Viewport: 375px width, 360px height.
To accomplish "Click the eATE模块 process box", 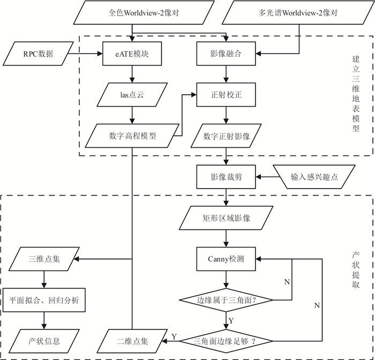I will (132, 54).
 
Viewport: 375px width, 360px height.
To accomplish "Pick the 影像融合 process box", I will (227, 54).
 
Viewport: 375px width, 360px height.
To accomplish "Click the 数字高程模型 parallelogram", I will (132, 136).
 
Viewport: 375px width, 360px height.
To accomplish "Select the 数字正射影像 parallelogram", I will (227, 136).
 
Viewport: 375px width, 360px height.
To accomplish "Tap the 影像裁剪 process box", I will (227, 177).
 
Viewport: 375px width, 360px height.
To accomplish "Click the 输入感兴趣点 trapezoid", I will (313, 177).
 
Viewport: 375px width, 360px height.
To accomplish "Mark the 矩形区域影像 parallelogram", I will (227, 218).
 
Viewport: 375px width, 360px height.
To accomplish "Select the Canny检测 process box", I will (227, 259).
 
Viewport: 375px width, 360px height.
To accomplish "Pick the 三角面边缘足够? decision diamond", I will (227, 341).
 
